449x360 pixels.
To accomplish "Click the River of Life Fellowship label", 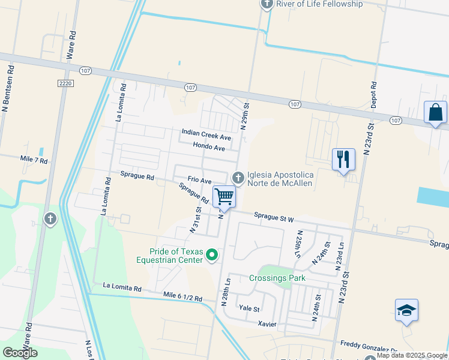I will tap(319, 4).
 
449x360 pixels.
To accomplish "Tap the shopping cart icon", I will tap(224, 196).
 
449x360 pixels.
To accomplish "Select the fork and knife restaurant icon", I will tap(343, 160).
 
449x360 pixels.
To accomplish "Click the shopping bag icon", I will tap(435, 112).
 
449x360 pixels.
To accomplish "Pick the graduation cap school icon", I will tap(406, 310).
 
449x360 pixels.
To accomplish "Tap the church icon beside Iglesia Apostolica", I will tap(238, 177).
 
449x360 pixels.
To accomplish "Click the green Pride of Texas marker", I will tap(211, 256).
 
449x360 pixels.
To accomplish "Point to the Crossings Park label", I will tap(277, 278).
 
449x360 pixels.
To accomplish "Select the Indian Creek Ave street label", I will tap(206, 136).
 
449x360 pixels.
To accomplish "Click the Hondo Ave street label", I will tap(209, 147).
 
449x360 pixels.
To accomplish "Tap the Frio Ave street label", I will tap(199, 180).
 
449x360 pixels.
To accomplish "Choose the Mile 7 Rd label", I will tap(34, 160).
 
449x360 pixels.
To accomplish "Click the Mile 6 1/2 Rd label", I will tap(182, 297).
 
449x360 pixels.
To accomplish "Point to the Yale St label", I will tap(249, 309).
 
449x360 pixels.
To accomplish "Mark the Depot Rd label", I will tap(373, 95).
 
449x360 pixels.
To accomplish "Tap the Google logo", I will tap(20, 353).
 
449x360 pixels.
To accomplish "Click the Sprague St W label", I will tap(274, 218).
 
